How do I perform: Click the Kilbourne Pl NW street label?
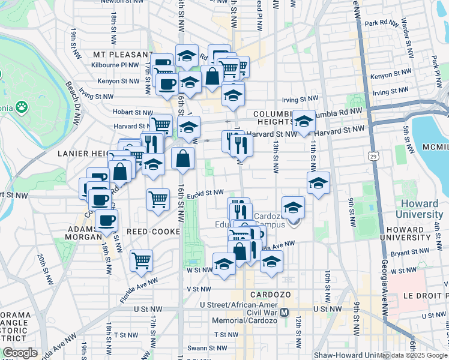point(123,64)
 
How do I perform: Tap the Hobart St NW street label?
point(133,112)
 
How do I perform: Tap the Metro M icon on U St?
point(285,313)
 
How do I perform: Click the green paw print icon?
point(22,107)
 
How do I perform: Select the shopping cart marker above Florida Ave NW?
point(141,260)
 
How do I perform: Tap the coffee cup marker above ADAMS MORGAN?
point(106,220)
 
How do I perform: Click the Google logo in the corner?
point(20,353)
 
